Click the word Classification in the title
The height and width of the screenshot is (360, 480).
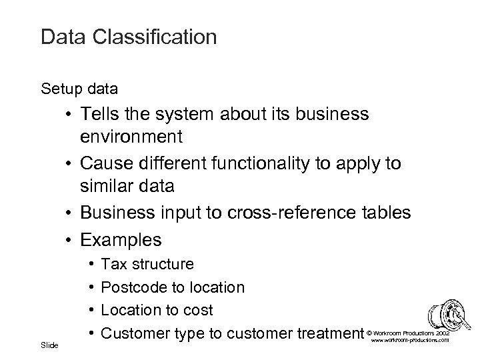(x=154, y=37)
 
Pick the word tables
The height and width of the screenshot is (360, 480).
(x=387, y=213)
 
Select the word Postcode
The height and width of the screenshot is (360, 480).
(x=133, y=287)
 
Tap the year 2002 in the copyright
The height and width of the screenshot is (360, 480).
(x=443, y=331)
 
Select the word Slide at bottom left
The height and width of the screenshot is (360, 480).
(x=49, y=345)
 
